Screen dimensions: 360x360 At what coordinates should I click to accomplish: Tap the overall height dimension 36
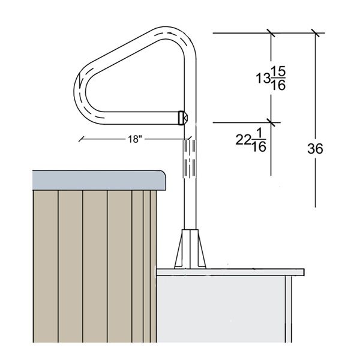coord(314,148)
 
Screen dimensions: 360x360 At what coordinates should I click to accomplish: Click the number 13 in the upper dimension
coord(261,79)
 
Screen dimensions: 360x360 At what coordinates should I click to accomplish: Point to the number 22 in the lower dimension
coord(242,140)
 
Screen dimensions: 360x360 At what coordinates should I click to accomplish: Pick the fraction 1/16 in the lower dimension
coord(259,141)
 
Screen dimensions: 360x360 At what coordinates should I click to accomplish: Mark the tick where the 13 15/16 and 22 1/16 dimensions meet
coord(271,122)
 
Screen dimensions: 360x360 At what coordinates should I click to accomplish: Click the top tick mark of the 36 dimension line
coord(316,32)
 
